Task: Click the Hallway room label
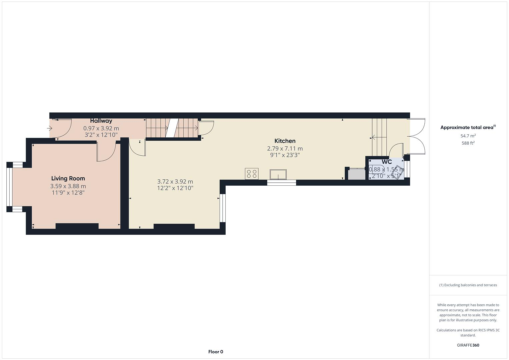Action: (x=101, y=121)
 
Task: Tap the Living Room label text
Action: (x=68, y=178)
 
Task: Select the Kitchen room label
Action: (x=285, y=141)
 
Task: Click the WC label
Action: (x=387, y=162)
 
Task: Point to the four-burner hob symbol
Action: (x=251, y=174)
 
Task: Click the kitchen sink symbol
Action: (x=278, y=174)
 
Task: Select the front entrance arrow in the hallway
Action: (x=50, y=128)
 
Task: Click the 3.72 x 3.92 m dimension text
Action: (x=175, y=182)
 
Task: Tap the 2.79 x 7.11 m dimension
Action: (x=285, y=149)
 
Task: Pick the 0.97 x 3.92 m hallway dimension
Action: (x=101, y=128)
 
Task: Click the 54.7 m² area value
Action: (x=468, y=136)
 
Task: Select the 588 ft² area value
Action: (x=468, y=143)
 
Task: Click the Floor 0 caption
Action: (x=216, y=352)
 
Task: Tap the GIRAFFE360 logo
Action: (x=468, y=345)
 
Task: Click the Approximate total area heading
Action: (x=468, y=127)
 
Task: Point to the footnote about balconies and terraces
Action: (x=468, y=285)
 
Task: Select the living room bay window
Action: (x=9, y=187)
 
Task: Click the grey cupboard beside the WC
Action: (x=356, y=174)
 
